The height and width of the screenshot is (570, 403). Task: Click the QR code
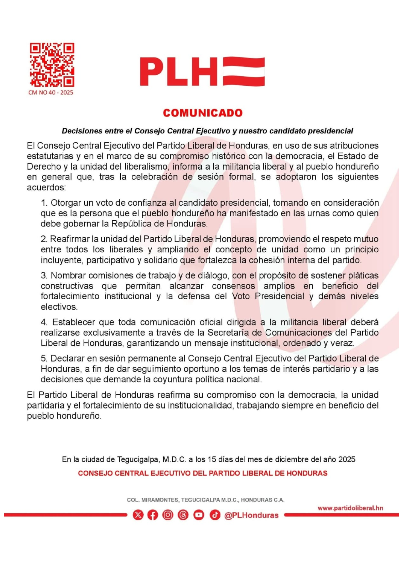pos(52,65)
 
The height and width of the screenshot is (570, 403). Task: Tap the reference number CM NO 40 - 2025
pos(51,93)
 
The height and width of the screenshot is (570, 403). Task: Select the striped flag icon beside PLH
pos(244,72)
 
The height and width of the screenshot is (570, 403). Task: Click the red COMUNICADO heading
pos(203,113)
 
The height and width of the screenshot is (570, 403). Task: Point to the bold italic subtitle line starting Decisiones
pos(207,131)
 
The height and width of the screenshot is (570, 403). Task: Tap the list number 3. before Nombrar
pos(44,275)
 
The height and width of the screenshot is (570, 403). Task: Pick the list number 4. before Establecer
pos(44,322)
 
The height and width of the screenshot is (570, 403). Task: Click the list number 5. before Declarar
pos(44,359)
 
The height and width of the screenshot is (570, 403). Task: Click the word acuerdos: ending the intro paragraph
pos(46,188)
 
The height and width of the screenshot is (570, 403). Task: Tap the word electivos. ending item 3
pos(59,307)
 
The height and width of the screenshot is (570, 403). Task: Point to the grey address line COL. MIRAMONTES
pos(206,500)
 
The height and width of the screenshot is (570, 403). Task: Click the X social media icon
pos(138,515)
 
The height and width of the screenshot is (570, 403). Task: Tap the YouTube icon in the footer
pos(199,515)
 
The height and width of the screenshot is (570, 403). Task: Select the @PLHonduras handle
pos(251,515)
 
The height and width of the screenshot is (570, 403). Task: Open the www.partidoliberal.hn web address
pos(350,508)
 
